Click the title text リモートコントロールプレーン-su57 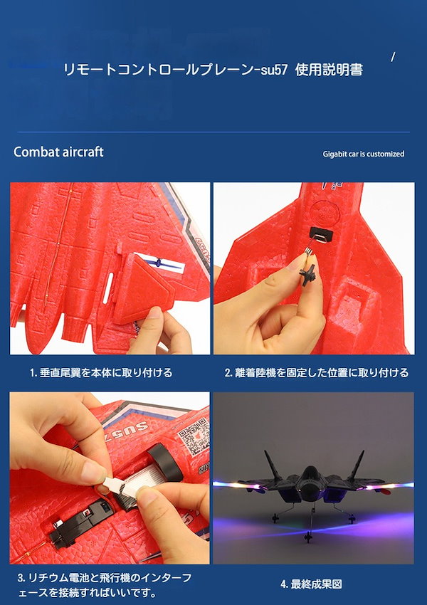(176, 70)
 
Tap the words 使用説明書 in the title (329, 70)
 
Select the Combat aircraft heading (58, 152)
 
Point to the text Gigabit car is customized (364, 154)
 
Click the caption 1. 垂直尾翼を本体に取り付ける (101, 373)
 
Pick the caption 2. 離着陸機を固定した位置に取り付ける (316, 373)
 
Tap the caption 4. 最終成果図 (311, 584)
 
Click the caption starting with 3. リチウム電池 (105, 585)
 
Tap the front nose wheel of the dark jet (308, 535)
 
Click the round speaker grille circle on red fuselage (326, 212)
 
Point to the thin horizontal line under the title (213, 132)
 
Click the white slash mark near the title (393, 57)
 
